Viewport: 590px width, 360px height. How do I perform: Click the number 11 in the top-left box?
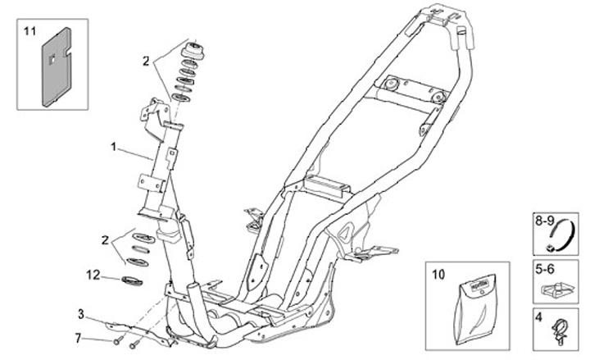coord(30,31)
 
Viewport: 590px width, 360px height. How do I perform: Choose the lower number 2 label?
coord(104,240)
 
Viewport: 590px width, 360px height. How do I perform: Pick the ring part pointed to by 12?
coord(130,282)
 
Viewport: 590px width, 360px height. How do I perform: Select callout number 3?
coord(80,313)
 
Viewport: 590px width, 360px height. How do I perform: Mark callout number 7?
coord(78,337)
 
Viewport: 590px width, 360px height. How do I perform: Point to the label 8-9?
coord(544,221)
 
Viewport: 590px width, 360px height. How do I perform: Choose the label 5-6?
coord(543,267)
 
